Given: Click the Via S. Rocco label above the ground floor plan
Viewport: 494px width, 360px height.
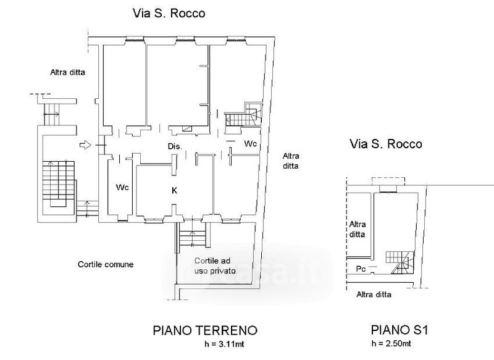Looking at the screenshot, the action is (x=169, y=14).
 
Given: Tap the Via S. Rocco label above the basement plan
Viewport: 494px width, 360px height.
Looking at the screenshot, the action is (x=386, y=144).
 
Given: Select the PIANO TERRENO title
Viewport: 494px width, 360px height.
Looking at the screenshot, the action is (x=205, y=331).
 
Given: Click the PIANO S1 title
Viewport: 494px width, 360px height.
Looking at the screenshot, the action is (x=400, y=330).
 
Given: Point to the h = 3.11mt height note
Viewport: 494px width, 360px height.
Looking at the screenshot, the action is (x=224, y=344).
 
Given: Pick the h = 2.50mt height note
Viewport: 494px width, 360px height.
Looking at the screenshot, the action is (x=391, y=343).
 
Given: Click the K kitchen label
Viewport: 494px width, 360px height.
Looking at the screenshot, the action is (x=174, y=191).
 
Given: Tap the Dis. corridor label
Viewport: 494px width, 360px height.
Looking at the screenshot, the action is (x=175, y=146).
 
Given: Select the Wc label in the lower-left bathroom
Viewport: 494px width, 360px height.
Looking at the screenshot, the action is (x=122, y=187).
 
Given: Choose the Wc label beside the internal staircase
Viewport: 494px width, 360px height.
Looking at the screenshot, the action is (x=251, y=144).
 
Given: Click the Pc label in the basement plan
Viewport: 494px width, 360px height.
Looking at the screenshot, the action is (x=361, y=269).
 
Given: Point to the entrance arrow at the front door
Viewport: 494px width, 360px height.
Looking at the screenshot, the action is (x=85, y=145).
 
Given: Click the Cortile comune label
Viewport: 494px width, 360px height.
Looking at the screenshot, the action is (x=106, y=264).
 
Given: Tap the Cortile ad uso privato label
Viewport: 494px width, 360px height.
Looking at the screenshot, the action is (x=215, y=266).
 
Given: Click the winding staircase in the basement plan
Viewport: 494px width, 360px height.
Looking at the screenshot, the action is (x=400, y=262).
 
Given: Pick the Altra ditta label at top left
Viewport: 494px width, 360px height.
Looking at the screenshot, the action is (x=67, y=72).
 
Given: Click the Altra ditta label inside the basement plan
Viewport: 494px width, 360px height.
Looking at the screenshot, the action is (x=358, y=229).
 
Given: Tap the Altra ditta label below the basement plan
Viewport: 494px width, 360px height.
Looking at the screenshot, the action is (x=374, y=295).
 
